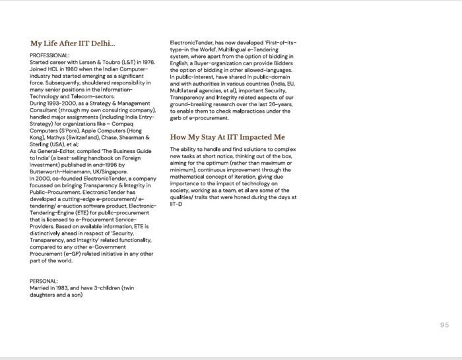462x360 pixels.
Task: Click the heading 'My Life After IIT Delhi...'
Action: click(x=73, y=44)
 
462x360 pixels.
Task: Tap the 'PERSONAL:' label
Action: click(x=45, y=281)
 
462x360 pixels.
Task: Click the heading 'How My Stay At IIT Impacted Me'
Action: click(x=227, y=137)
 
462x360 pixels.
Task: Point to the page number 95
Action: click(x=443, y=324)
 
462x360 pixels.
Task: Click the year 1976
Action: click(x=146, y=61)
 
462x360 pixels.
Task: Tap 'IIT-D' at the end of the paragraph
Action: click(x=175, y=204)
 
